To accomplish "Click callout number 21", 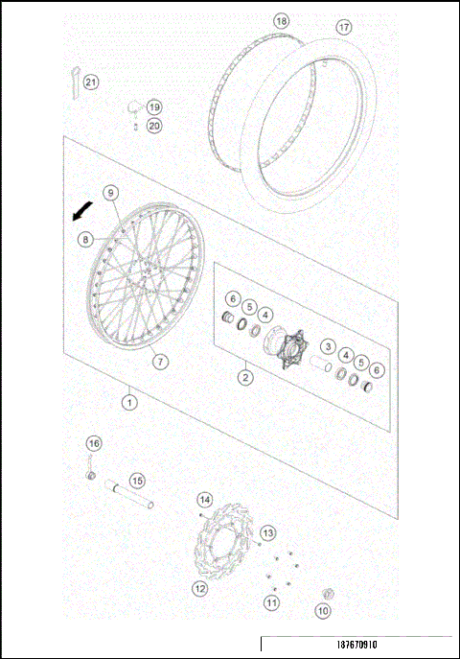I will click(x=91, y=82).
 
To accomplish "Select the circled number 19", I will click(x=154, y=107).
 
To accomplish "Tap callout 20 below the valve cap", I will click(x=154, y=125).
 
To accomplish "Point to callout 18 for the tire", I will click(x=281, y=20).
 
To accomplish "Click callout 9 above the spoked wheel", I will click(x=110, y=193).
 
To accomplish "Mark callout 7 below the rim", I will click(x=160, y=362).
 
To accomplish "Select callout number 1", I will click(x=128, y=403).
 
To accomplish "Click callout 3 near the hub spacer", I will click(x=327, y=346).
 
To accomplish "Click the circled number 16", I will click(x=93, y=443).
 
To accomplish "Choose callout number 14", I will click(x=204, y=500).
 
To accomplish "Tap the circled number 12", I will click(x=200, y=588).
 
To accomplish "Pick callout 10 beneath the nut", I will click(x=323, y=610).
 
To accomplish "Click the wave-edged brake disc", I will click(x=224, y=549).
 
